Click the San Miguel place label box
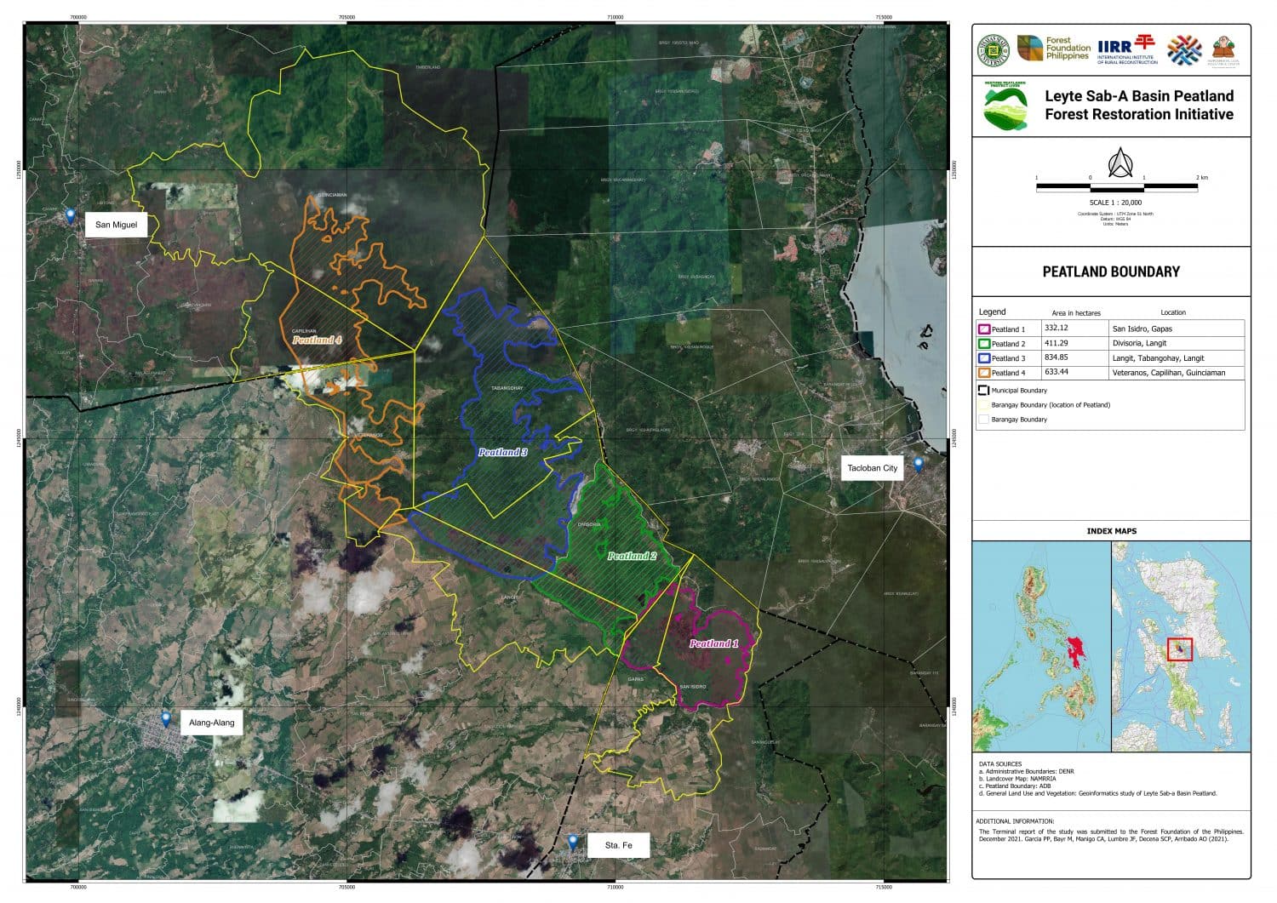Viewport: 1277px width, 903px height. [x=116, y=225]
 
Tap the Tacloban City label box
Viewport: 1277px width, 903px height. [x=872, y=468]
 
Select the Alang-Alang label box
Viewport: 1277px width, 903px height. [x=212, y=723]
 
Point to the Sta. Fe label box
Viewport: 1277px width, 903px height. [x=619, y=845]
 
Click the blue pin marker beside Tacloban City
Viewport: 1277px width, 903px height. [x=919, y=464]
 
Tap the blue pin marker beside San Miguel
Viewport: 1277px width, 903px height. [x=71, y=215]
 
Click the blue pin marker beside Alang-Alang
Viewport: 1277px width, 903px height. [x=166, y=720]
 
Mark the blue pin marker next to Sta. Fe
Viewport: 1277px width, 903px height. [x=573, y=842]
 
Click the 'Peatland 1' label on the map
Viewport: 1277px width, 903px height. [x=713, y=643]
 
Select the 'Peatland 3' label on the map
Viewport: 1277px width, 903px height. [x=502, y=452]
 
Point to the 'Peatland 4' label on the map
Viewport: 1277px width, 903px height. [x=317, y=340]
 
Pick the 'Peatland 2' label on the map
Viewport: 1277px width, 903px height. [x=632, y=556]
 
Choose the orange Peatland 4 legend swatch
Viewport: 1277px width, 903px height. [x=984, y=373]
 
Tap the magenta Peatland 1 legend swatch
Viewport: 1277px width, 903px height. [x=984, y=329]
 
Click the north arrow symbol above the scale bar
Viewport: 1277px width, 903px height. [x=1119, y=162]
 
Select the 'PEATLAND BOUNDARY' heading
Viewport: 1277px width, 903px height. [x=1111, y=271]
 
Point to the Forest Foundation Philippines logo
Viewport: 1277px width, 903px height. [x=1054, y=49]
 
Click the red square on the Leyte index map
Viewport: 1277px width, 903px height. [x=1179, y=649]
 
